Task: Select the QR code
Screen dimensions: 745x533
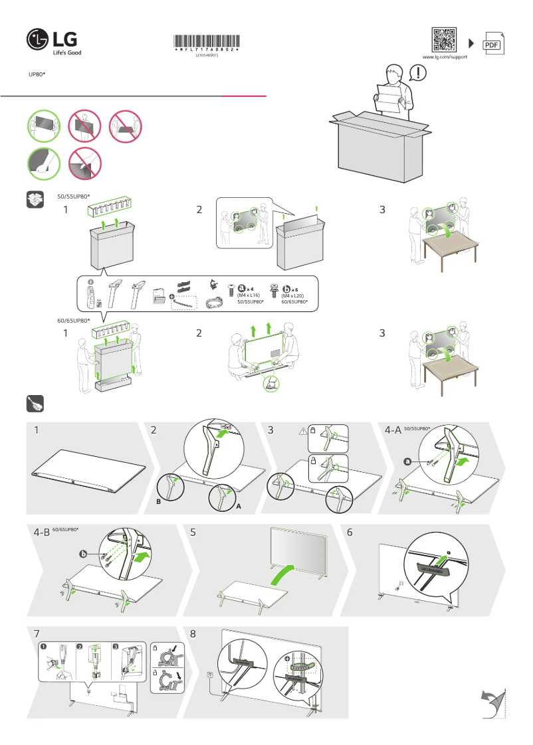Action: [x=444, y=40]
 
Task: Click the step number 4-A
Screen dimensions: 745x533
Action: [x=392, y=430]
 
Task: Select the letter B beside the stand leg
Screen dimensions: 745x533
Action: [x=158, y=503]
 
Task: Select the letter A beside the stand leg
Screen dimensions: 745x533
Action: [x=237, y=506]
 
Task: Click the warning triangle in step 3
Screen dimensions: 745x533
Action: [x=302, y=431]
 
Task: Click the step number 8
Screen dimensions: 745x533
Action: [x=193, y=633]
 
